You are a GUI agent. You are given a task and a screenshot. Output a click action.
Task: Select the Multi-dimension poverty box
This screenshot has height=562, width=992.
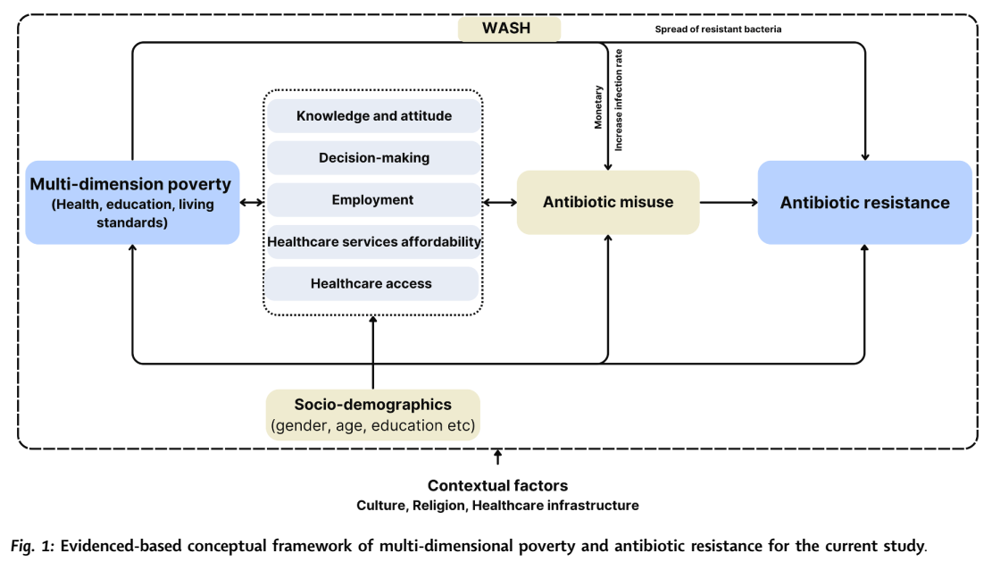[132, 202]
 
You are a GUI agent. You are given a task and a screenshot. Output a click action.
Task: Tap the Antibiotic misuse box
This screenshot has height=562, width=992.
[608, 202]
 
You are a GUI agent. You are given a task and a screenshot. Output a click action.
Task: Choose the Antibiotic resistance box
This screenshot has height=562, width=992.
[864, 202]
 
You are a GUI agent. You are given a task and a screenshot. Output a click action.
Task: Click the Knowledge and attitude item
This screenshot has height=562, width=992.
[373, 116]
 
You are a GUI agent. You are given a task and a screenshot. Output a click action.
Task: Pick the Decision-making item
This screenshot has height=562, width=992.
[373, 158]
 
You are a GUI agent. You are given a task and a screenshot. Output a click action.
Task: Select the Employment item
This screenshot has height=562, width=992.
[373, 200]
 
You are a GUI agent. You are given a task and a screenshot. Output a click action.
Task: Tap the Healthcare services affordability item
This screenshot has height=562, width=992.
[373, 241]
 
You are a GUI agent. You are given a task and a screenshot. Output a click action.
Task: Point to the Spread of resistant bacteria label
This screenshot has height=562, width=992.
[719, 29]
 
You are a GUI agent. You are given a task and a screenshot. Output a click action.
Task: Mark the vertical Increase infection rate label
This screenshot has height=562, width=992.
[619, 99]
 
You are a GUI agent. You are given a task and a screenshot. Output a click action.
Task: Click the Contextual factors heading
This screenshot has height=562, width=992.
[497, 486]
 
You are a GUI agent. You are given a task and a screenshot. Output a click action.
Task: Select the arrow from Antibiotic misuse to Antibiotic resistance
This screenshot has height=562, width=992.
[728, 203]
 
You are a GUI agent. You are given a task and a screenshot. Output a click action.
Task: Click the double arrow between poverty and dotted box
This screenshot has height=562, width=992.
[251, 203]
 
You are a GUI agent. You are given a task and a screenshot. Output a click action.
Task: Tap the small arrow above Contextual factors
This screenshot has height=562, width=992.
[497, 458]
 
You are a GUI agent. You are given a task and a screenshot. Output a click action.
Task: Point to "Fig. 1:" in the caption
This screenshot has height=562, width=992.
[32, 544]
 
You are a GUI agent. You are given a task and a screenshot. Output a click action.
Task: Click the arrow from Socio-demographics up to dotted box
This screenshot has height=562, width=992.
[373, 352]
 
